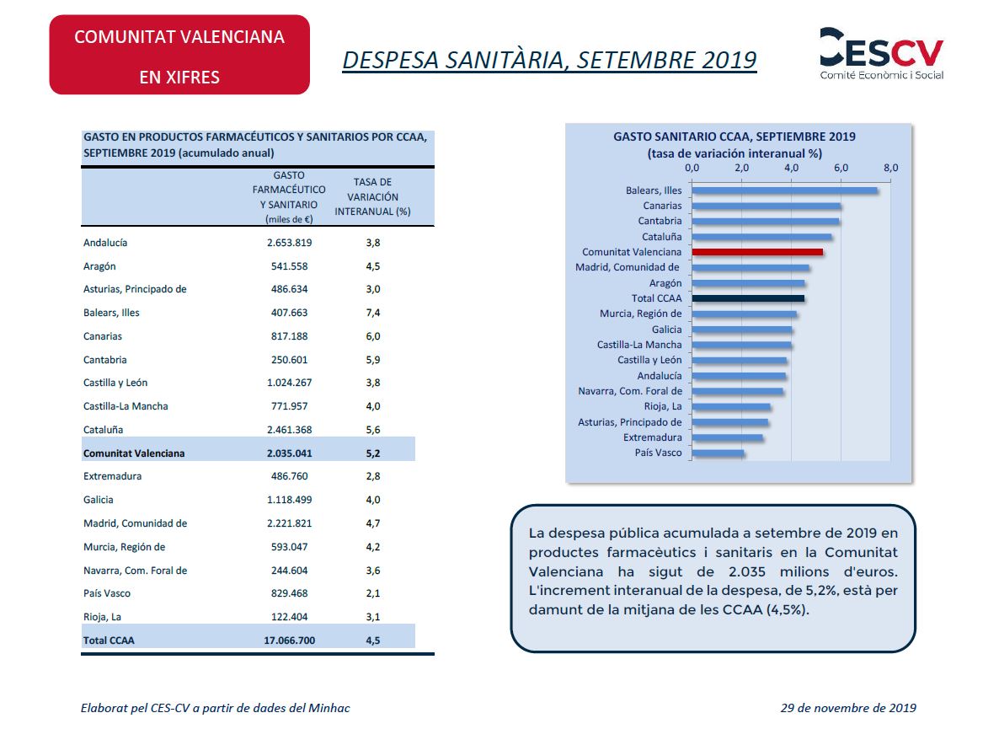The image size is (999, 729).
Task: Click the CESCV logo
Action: click(881, 54)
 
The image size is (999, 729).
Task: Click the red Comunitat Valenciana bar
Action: click(757, 252)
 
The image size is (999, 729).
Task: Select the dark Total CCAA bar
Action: click(748, 298)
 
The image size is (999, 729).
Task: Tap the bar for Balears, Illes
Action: click(784, 190)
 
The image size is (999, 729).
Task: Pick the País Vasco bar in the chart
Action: click(718, 453)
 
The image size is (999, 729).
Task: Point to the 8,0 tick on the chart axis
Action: click(890, 168)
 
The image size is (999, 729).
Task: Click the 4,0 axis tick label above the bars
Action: click(791, 168)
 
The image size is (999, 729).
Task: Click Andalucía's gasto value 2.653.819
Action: click(289, 243)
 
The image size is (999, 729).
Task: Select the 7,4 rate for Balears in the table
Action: click(372, 313)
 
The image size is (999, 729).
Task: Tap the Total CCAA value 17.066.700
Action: click(289, 641)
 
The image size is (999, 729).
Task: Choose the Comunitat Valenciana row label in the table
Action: click(134, 453)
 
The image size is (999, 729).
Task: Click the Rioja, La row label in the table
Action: click(102, 617)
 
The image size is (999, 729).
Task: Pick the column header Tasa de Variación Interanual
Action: click(372, 197)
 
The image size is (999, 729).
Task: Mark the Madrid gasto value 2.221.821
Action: click(289, 523)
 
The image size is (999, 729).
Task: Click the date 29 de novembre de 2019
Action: click(848, 708)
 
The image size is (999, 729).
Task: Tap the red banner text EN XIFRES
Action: click(179, 77)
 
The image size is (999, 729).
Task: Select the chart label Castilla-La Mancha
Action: click(639, 345)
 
